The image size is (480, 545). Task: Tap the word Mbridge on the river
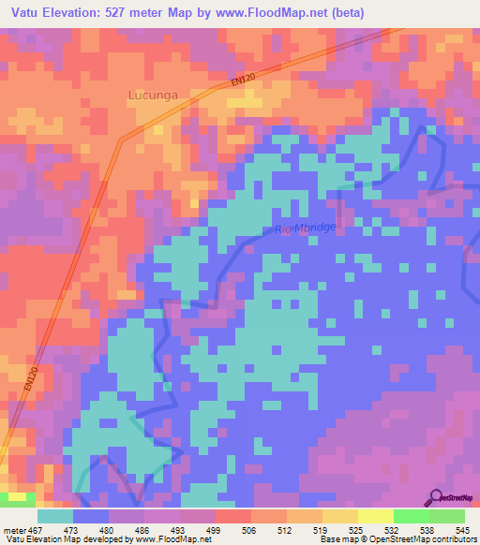[x=315, y=228]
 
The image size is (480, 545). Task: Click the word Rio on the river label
[x=283, y=229]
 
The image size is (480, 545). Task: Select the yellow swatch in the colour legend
[x=375, y=516]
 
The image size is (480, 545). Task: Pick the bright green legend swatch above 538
[x=411, y=516]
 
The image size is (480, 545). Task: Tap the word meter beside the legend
[x=15, y=530]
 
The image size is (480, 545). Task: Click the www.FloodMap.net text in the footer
[x=171, y=539]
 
